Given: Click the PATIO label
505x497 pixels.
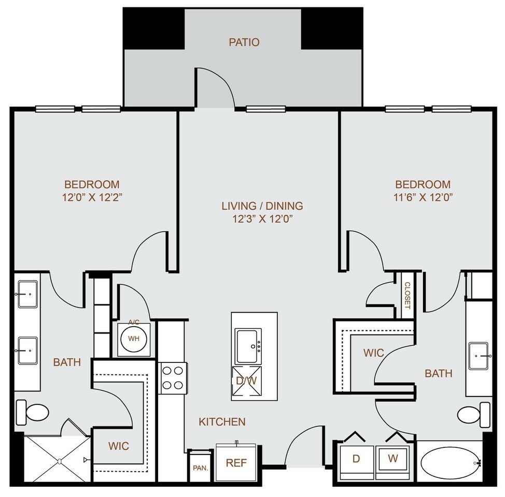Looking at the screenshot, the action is [244, 42].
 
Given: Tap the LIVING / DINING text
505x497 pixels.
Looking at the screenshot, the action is [262, 206].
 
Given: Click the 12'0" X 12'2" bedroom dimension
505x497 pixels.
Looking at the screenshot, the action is [92, 197].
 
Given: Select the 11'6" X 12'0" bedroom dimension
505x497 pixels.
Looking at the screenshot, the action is [423, 197].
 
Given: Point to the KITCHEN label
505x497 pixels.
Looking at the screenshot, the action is [222, 421].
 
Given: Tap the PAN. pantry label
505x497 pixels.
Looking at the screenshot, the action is [200, 467].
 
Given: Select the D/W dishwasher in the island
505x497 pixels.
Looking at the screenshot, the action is [246, 381].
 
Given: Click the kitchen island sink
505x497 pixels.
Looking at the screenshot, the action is [248, 346].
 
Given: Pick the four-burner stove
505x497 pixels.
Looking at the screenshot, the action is [172, 378].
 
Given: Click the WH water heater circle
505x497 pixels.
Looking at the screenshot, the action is [134, 339].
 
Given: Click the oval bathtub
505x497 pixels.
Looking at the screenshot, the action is [450, 463].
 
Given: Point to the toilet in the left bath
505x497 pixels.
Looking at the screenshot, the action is [32, 413].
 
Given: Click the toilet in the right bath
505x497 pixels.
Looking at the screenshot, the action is [474, 415].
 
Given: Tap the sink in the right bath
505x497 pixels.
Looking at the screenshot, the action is [479, 356].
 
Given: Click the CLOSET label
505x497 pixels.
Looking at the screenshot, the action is [407, 295].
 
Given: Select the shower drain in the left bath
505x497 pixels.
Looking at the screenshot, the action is [59, 461].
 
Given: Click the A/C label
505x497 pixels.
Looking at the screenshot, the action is [134, 321].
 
